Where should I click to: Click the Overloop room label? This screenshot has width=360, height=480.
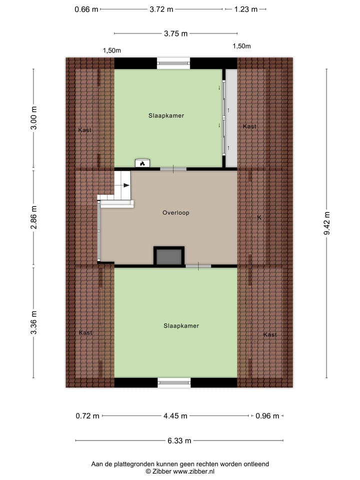point(175,212)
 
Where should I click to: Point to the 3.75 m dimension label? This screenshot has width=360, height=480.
point(175,33)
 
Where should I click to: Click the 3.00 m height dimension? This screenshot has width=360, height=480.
point(33,118)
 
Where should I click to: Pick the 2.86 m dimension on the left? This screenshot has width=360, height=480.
point(33,218)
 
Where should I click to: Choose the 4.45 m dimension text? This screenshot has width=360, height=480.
point(175,415)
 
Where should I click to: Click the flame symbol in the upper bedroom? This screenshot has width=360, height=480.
point(142,163)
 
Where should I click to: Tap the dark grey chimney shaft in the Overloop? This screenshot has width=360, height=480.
point(169,257)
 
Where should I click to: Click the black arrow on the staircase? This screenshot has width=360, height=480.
point(124,185)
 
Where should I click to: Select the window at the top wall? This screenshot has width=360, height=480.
point(173,63)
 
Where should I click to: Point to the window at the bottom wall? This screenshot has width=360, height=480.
point(174,382)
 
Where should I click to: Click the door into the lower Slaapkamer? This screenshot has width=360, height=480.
point(198,266)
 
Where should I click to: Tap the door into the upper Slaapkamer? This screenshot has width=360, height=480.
point(173,169)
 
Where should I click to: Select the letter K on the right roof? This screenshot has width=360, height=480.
point(259,217)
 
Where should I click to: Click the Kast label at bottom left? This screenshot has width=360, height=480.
point(85,332)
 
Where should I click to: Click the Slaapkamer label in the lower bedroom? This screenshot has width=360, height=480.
point(181,325)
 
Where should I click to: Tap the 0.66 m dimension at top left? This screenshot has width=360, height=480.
point(86,9)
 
